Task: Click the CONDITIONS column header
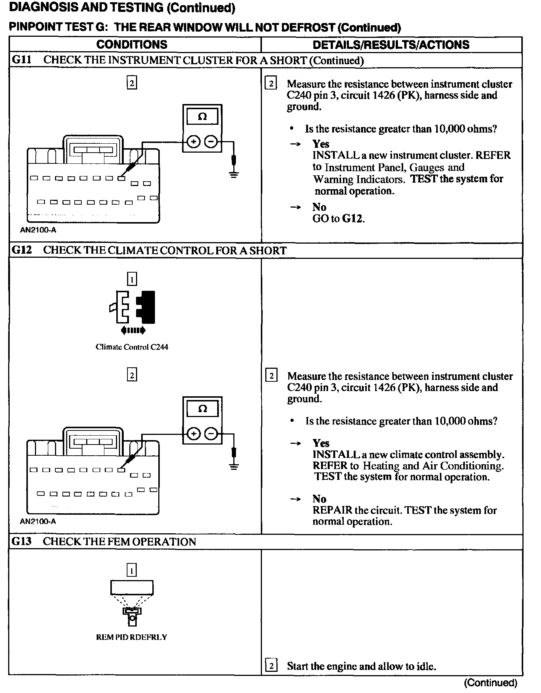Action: [x=132, y=45]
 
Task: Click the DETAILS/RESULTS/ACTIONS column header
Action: [x=391, y=45]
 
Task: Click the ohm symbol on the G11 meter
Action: [x=202, y=117]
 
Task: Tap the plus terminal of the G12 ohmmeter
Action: [x=193, y=433]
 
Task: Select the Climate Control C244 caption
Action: [x=132, y=347]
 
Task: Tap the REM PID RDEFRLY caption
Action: [x=132, y=637]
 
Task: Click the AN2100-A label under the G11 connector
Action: [x=38, y=230]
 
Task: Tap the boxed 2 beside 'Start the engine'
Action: [x=271, y=666]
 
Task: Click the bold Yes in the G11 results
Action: [x=321, y=144]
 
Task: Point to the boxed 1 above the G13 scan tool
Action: [x=132, y=570]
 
